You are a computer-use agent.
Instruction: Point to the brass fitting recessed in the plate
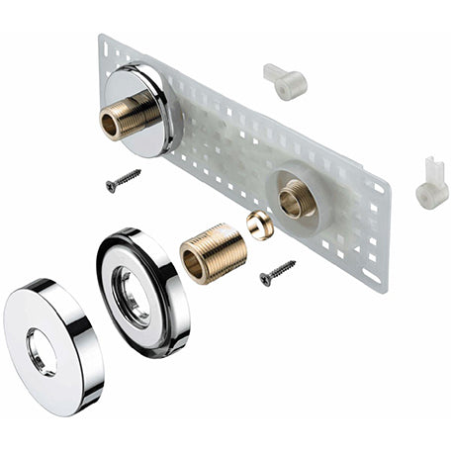point(296,201)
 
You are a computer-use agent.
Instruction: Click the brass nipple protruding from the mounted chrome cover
point(123,117)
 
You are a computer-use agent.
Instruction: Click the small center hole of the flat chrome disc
point(43,350)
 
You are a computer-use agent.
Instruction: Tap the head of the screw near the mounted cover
point(110,187)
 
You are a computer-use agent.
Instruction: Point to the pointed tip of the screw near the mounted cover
point(138,172)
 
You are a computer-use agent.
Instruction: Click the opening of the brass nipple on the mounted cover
point(111,125)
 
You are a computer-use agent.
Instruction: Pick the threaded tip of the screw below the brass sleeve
point(293,263)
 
